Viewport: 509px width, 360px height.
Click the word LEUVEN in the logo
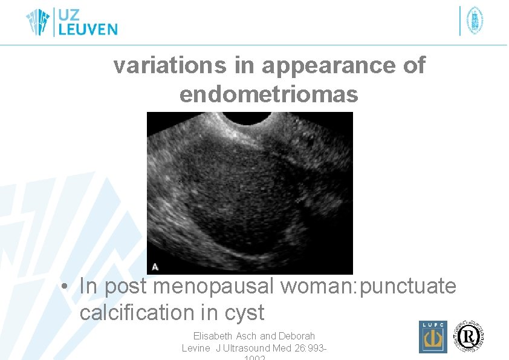(x=87, y=28)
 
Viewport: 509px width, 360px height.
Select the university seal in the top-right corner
(x=475, y=21)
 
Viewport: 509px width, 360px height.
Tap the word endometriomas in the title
(x=269, y=94)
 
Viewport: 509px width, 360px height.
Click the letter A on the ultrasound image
(x=155, y=266)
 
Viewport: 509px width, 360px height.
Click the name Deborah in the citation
(x=296, y=336)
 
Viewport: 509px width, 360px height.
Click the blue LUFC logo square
(x=433, y=337)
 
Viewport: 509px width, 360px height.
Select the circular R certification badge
(x=470, y=335)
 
